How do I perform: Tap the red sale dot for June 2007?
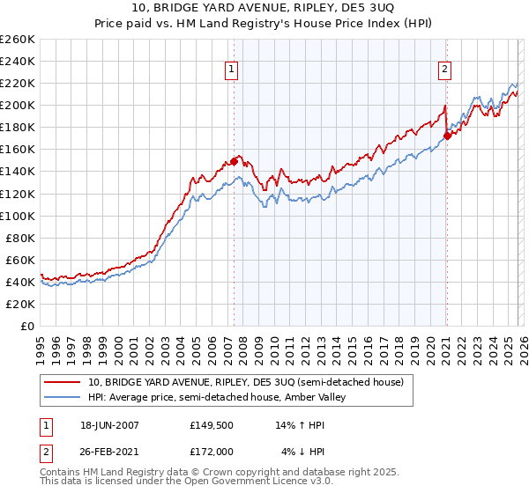(x=235, y=160)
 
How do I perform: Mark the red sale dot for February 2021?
(x=447, y=136)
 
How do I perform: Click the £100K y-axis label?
(x=18, y=216)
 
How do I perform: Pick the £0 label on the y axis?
(x=26, y=326)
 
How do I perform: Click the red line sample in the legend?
(x=62, y=382)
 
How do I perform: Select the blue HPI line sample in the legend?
(x=62, y=398)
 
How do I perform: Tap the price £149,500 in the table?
(x=214, y=424)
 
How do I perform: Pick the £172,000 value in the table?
(x=214, y=453)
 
